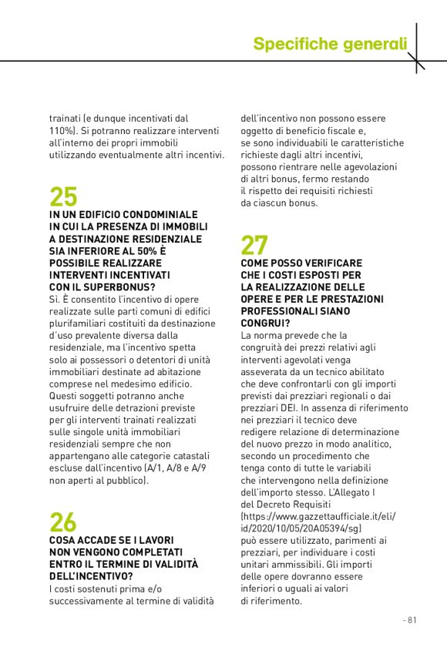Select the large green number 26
[63, 522]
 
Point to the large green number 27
[254, 245]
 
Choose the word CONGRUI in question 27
[263, 323]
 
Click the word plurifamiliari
[82, 323]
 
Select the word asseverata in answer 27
[267, 371]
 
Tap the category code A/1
[165, 468]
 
